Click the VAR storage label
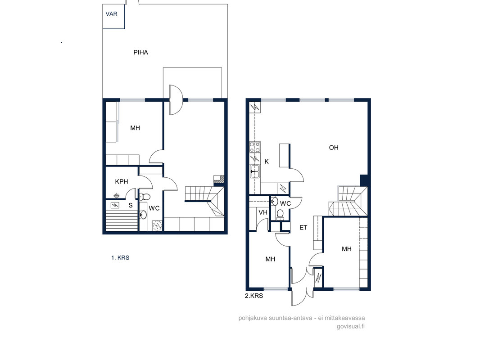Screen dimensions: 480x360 click(111, 14)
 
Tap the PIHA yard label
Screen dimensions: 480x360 click(141, 52)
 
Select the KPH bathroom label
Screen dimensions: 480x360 click(122, 181)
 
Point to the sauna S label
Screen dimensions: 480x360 click(131, 205)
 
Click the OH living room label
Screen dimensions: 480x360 click(334, 148)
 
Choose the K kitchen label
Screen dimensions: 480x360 click(267, 162)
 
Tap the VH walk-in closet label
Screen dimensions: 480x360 click(263, 212)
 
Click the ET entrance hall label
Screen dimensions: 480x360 click(303, 228)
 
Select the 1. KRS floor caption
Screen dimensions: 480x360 click(120, 257)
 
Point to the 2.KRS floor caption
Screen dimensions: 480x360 click(254, 296)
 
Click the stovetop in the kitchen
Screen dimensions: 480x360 click(255, 147)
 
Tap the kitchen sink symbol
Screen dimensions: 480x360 click(255, 171)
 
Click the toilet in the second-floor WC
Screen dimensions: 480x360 click(280, 215)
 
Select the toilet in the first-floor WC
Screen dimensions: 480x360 click(145, 196)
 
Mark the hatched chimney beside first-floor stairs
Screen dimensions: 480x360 click(219, 179)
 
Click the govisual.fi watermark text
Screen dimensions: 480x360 click(351, 326)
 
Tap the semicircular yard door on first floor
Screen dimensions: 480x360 click(176, 100)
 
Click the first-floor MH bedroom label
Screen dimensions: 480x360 click(135, 128)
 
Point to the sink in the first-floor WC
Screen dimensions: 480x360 click(143, 215)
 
